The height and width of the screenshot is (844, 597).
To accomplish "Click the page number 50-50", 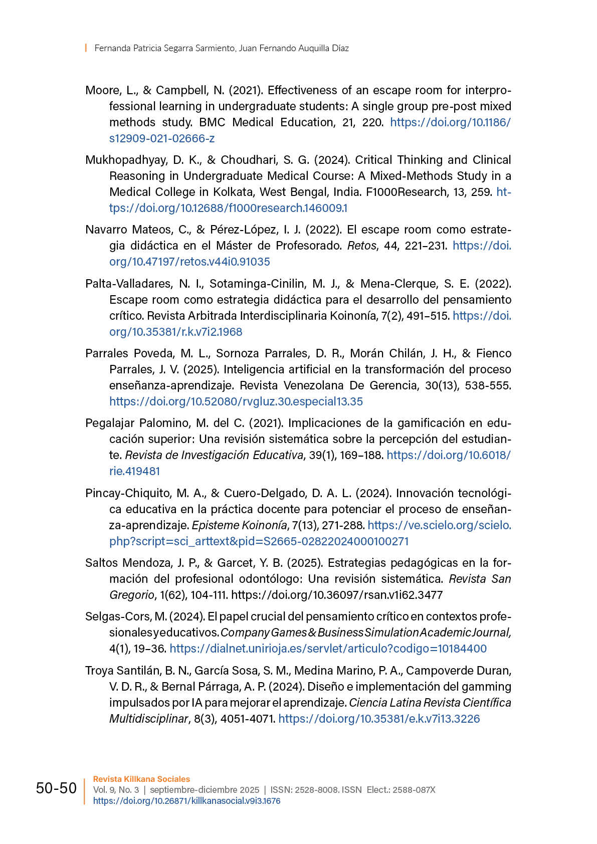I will point(56,788).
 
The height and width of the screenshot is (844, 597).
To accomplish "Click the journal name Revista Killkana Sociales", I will point(141,779).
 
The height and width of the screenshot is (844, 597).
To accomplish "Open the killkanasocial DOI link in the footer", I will point(186,801).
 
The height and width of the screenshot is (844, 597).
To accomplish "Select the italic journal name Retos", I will point(361,246).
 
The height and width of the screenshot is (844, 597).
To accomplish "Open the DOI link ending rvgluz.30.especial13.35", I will point(236,401).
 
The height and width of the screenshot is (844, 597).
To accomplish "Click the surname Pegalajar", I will point(110,423).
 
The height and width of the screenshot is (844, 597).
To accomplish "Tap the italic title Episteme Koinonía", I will point(240,525).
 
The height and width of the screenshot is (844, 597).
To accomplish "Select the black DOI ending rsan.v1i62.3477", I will point(337,595).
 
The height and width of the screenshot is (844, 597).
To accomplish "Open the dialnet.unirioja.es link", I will point(328,649).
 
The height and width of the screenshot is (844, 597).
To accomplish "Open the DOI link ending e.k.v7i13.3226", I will point(379,719).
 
